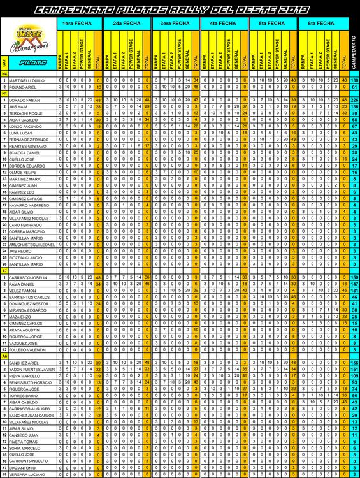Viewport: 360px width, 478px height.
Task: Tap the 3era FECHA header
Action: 175,23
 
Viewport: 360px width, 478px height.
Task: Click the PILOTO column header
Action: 33,63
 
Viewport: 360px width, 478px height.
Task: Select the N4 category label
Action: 5,74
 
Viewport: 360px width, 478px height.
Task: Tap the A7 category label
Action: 5,271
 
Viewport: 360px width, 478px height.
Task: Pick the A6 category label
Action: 5,356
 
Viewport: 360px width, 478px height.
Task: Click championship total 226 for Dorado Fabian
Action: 354,100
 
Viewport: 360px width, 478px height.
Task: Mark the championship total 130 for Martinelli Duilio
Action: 354,80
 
